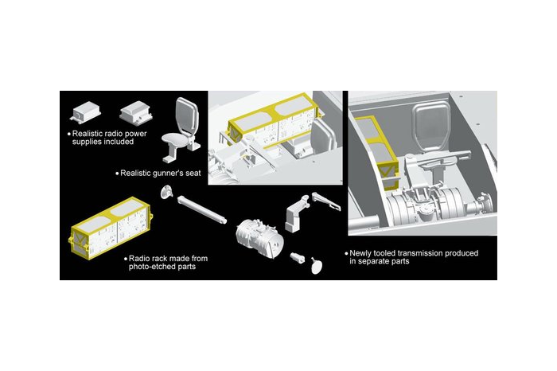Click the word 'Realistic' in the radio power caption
click(88, 134)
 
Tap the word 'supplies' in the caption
click(85, 142)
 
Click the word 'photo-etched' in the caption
click(150, 267)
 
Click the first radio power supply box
click(85, 111)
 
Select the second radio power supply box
click(136, 111)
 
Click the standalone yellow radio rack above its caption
click(111, 228)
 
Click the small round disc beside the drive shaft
click(166, 192)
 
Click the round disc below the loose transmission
click(317, 265)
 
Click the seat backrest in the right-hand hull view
click(431, 123)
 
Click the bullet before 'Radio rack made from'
click(126, 259)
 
